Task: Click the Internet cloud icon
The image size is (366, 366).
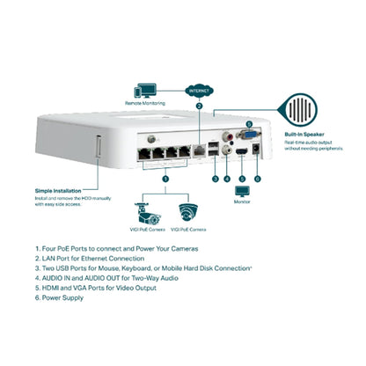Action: click(200, 89)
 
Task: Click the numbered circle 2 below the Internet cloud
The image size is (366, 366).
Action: click(200, 106)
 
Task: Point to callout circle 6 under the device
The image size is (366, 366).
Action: click(258, 179)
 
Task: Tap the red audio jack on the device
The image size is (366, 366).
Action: click(230, 135)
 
